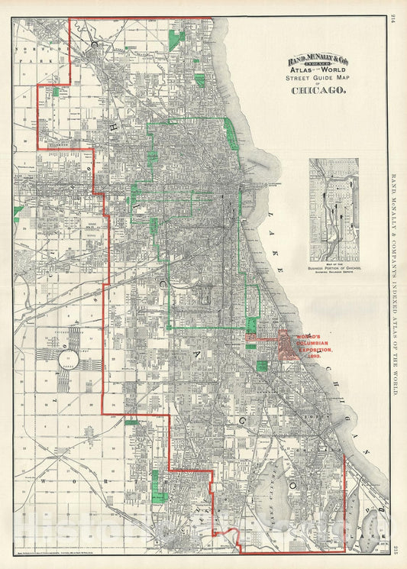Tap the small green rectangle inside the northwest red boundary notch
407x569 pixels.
[55, 92]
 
